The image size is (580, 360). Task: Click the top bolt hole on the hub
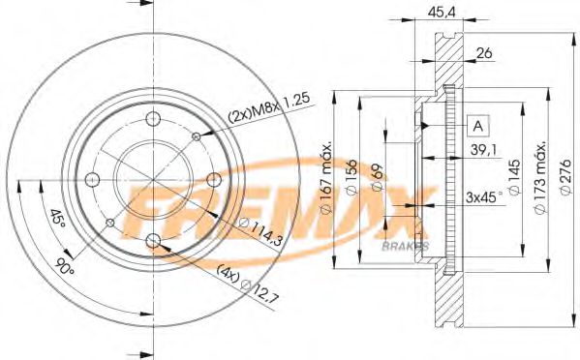(x=153, y=119)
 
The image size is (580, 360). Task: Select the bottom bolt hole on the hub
(x=153, y=241)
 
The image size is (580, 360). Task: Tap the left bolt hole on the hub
(x=92, y=180)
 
